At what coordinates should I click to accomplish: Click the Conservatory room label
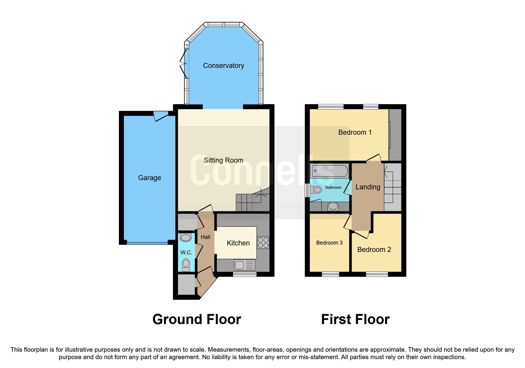click(224, 66)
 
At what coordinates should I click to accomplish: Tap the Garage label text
click(149, 178)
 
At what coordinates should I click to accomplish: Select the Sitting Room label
click(224, 160)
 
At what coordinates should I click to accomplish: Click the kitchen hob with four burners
click(263, 242)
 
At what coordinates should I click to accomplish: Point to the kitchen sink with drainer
click(244, 265)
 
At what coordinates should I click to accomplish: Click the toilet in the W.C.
click(186, 265)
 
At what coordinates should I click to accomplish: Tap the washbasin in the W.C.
click(186, 238)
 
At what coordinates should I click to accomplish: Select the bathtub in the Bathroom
click(329, 171)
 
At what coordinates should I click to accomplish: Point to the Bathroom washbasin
click(333, 206)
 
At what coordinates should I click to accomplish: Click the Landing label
click(368, 187)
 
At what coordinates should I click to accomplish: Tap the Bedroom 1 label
click(355, 132)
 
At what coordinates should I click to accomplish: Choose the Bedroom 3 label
click(329, 243)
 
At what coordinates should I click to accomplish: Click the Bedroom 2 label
click(374, 250)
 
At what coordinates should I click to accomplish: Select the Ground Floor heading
click(197, 319)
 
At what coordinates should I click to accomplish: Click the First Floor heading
click(355, 319)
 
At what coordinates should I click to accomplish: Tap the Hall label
click(205, 237)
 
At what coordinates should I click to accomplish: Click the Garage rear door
click(160, 116)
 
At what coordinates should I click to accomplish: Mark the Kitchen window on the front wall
click(245, 274)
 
